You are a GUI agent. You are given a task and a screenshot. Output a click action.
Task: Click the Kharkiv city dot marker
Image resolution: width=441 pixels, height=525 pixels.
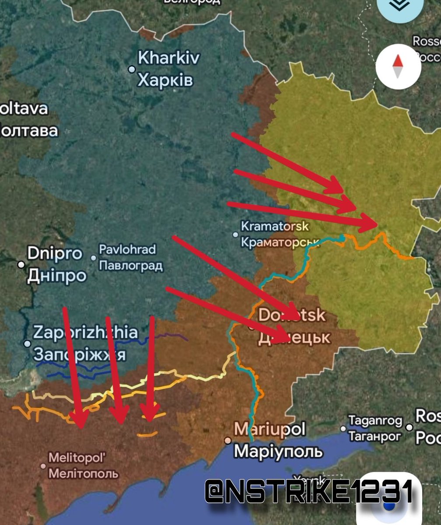pos(131,69)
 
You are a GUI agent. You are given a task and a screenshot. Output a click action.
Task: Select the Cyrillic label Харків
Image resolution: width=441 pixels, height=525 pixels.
pos(166,81)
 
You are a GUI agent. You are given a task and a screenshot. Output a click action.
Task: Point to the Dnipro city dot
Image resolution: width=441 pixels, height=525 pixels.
pos(21,264)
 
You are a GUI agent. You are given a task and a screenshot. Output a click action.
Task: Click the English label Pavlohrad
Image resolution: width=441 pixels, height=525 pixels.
pos(127,249)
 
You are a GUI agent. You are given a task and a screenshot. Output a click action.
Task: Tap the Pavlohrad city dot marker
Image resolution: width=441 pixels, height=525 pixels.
pos(93,258)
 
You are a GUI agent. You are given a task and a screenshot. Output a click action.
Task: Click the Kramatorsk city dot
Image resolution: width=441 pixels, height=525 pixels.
pos(236,234)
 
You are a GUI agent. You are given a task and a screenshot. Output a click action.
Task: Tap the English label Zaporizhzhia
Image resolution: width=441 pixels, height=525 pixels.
pos(85,332)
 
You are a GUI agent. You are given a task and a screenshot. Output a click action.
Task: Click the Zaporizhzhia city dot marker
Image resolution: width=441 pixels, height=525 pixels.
pos(28,344)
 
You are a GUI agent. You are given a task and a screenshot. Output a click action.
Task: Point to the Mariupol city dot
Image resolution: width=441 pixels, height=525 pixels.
pos(228,440)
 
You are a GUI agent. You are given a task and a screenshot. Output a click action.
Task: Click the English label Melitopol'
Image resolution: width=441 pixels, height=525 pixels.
pos(77,458)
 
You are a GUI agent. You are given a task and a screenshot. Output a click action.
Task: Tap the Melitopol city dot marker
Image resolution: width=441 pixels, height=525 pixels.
pos(43,466)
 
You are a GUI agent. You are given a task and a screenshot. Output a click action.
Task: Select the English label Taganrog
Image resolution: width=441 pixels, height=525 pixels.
pos(375,421)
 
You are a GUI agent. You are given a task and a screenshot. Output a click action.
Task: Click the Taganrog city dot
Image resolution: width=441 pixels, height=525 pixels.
pos(344,429)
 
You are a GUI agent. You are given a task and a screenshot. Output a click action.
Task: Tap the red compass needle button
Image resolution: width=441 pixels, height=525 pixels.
pos(398,67)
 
